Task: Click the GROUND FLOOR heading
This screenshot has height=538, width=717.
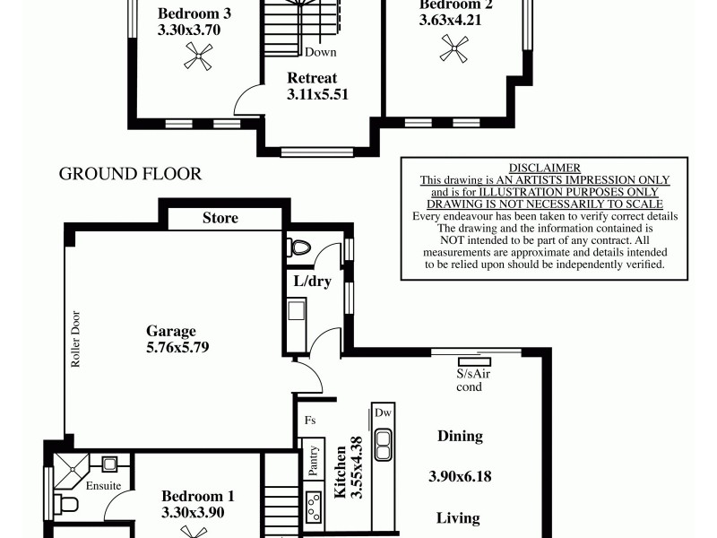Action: pos(130,174)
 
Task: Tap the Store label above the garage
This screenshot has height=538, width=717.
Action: pos(220,218)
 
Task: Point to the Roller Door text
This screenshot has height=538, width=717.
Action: pos(76,342)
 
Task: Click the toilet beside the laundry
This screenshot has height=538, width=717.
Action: pos(300,247)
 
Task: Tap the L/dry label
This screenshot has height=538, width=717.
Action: pos(313,281)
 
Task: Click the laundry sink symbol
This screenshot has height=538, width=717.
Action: pos(298,312)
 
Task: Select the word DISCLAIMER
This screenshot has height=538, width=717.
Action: pos(545,168)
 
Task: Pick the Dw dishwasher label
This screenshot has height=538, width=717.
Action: pos(384,413)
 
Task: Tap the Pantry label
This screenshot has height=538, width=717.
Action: pos(314,459)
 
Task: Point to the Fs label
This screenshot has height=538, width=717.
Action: pos(310,419)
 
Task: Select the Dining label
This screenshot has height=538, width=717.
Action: pos(460,437)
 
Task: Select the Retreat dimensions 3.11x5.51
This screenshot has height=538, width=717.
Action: pos(316,93)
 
